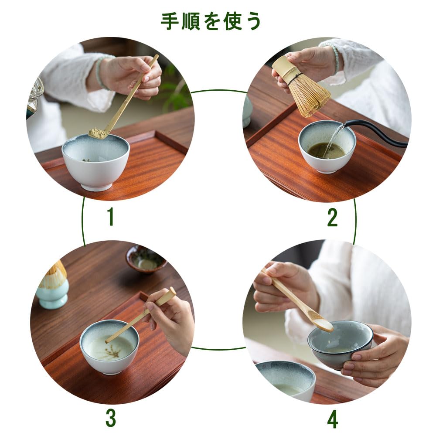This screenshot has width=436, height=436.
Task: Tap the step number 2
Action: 332,217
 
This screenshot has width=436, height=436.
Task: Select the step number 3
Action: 110,418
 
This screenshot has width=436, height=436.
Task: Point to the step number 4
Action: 333,419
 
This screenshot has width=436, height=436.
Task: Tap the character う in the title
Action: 253,21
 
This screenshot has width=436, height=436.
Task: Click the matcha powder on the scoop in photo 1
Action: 98,133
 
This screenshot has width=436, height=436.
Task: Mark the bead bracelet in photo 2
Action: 336,59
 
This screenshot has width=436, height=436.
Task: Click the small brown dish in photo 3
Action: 146,259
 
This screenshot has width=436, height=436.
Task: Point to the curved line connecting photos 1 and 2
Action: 219,90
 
